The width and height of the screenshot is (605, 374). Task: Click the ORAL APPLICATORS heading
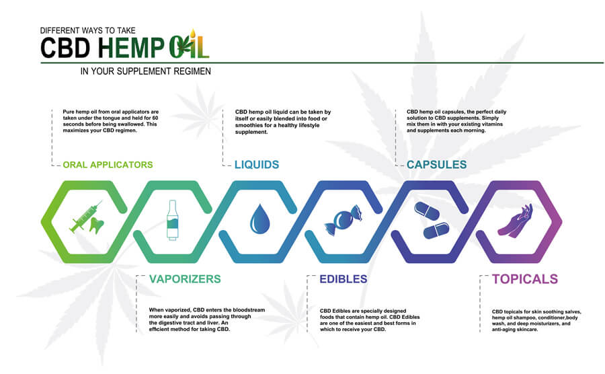click(108, 165)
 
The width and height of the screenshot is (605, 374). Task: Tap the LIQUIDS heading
click(257, 165)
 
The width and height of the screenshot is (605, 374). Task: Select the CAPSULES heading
click(436, 165)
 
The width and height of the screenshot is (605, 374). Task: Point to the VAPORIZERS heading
click(185, 279)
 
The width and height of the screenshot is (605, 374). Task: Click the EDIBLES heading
click(343, 279)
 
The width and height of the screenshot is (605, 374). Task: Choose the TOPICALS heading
click(525, 279)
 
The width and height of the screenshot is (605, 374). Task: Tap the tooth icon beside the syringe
click(96, 226)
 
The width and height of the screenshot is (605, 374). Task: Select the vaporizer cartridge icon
click(173, 220)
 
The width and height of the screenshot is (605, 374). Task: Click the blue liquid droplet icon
click(259, 219)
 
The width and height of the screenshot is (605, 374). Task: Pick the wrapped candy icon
click(343, 220)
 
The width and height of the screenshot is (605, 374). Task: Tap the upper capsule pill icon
click(427, 211)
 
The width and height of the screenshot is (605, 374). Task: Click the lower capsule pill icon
click(436, 231)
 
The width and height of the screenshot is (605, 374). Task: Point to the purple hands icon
click(516, 221)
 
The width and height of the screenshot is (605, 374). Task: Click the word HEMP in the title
click(131, 48)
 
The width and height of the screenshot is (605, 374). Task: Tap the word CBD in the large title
click(65, 48)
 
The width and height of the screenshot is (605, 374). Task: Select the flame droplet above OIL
click(193, 33)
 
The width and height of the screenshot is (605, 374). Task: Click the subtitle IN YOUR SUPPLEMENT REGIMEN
click(145, 71)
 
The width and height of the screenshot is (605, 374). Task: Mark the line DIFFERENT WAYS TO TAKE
click(88, 30)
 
